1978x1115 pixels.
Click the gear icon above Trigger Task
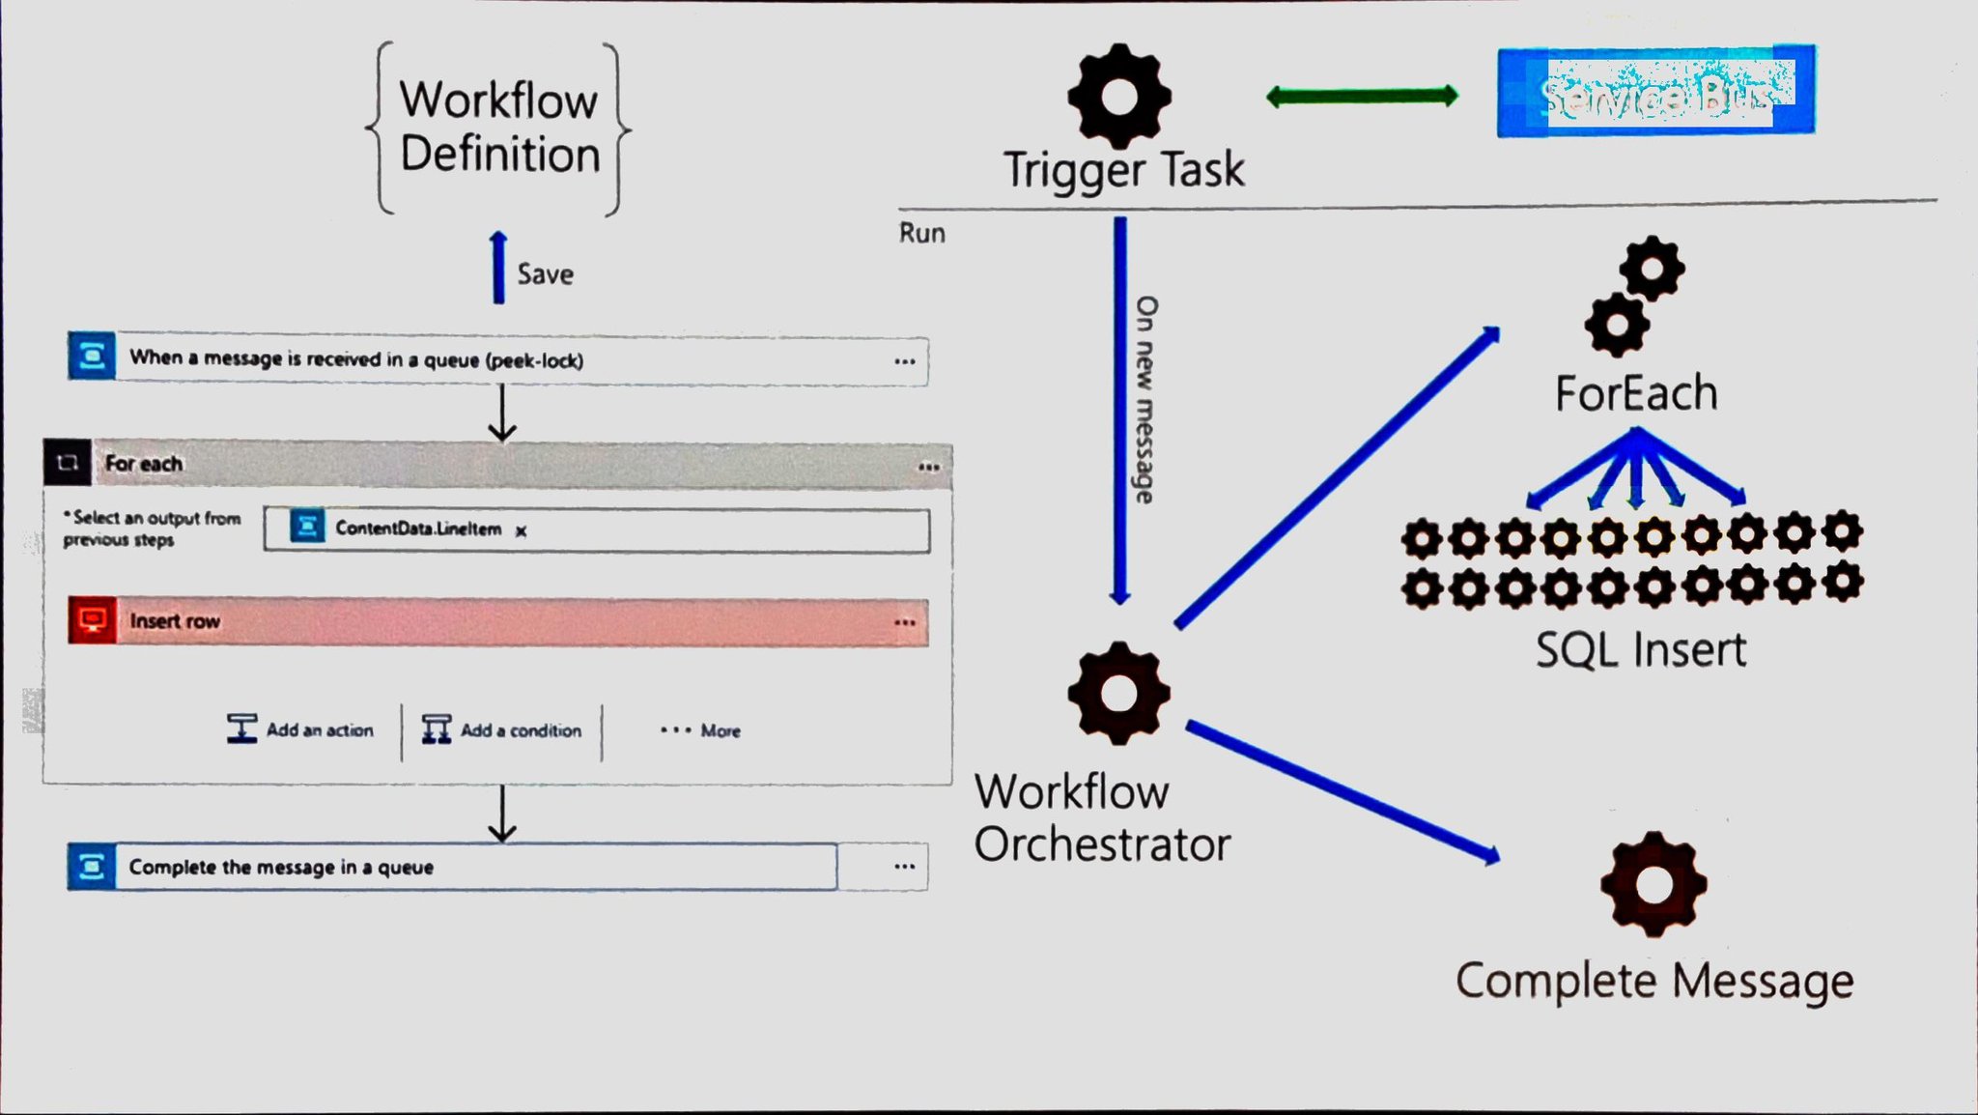tap(1119, 96)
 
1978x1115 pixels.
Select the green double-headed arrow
tap(1362, 96)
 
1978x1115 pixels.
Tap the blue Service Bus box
tap(1655, 92)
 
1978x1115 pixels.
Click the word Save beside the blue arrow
tap(545, 274)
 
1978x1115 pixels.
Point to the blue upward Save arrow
tap(498, 268)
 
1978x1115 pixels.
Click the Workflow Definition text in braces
tap(498, 128)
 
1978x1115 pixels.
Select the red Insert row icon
tap(93, 620)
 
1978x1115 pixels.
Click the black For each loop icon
tap(68, 463)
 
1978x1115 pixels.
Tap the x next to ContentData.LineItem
tap(521, 530)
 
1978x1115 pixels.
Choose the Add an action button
tap(300, 730)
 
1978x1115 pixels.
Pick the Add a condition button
tap(502, 730)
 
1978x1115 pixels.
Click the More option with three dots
tap(701, 731)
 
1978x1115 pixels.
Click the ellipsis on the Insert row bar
tap(905, 622)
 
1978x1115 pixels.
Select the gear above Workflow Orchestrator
tap(1119, 693)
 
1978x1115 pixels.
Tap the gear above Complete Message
tap(1653, 885)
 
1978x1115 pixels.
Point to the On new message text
tap(1145, 399)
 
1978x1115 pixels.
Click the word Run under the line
tap(922, 234)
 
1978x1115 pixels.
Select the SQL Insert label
tap(1641, 650)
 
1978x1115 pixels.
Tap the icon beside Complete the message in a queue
tap(92, 867)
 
